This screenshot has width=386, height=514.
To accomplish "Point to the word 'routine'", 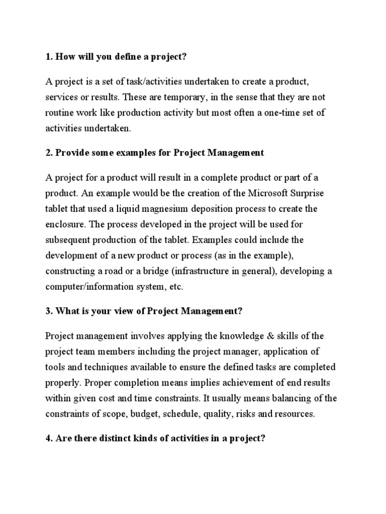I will tap(60, 113).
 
